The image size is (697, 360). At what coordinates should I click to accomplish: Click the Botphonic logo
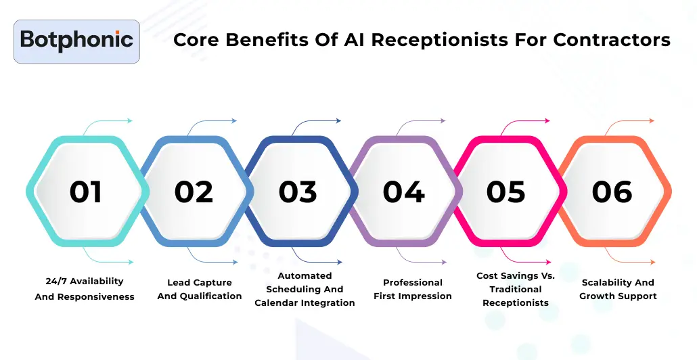point(77,41)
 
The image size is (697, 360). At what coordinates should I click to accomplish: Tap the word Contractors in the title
point(612,39)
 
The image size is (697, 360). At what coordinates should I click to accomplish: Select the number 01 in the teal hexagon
point(86,192)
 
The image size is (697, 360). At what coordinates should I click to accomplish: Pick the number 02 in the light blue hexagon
point(194,192)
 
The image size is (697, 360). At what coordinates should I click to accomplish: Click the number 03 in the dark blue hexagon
point(298,192)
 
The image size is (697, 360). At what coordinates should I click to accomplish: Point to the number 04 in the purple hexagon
point(403,192)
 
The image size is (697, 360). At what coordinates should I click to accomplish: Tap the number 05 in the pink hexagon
point(506,192)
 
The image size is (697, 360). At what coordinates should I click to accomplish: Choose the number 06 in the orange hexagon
point(612,192)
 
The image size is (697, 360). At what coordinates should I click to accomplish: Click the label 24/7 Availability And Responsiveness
point(85,289)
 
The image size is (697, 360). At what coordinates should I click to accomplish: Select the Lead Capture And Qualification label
point(200,290)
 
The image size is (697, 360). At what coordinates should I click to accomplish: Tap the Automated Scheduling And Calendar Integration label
point(305,290)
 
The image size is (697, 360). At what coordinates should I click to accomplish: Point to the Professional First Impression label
point(413,290)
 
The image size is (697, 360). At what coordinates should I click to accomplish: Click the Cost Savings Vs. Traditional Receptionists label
point(516,290)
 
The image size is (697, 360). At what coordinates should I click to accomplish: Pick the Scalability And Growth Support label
point(618,290)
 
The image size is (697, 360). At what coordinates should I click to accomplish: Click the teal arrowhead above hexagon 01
point(130,120)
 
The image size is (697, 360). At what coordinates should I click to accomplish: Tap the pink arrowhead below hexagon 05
point(548,263)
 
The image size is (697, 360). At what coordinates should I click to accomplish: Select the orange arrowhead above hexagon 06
point(652,120)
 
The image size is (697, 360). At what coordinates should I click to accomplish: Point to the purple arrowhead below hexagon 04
point(444,263)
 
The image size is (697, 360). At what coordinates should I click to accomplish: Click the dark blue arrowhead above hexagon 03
point(339,120)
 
